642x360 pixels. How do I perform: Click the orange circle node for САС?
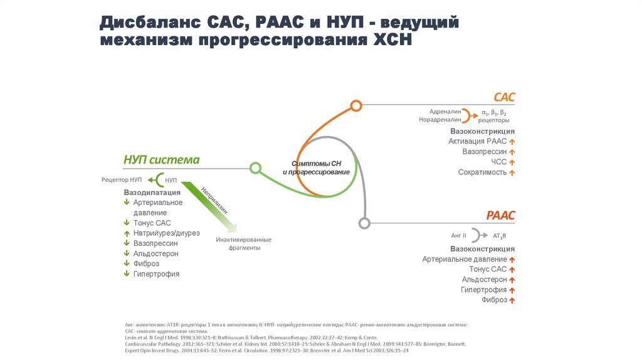coord(356,105)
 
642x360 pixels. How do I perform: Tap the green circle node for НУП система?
coord(255,168)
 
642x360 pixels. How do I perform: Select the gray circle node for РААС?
coord(364,222)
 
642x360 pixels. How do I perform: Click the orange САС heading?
coord(504,97)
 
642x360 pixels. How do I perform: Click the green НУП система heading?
coord(162,160)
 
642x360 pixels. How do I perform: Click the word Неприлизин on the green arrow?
coord(214,199)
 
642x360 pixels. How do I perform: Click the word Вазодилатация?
coord(152,192)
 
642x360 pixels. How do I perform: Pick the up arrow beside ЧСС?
coord(512,162)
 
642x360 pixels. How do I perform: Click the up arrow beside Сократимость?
coord(512,172)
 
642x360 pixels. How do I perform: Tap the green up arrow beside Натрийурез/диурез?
coord(127,233)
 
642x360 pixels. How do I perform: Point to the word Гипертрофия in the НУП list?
coord(156,274)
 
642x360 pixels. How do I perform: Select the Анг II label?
coord(459,235)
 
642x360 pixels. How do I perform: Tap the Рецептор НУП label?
coord(122,180)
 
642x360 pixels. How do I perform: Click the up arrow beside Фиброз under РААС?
coord(512,300)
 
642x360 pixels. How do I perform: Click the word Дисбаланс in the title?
coord(146,23)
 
